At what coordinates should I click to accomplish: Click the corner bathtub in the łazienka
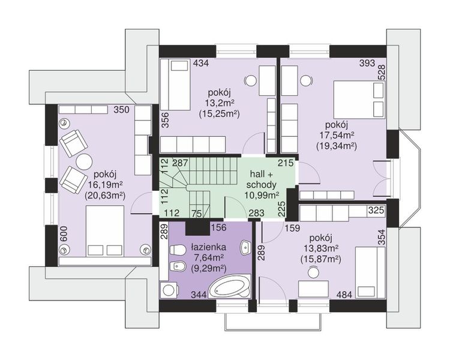click(x=229, y=287)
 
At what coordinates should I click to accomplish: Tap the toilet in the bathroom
click(x=178, y=250)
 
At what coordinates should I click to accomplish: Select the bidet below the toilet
click(x=178, y=267)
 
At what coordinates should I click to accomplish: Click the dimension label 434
click(x=200, y=63)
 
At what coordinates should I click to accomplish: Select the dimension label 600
click(x=64, y=235)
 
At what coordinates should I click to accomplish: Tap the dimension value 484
click(x=344, y=294)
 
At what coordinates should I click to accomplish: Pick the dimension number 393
click(x=367, y=63)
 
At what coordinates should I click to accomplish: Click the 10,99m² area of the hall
click(x=262, y=195)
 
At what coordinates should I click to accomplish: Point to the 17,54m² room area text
click(x=337, y=134)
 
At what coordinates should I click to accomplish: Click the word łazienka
click(x=209, y=247)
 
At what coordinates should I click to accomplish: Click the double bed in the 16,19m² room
click(x=105, y=230)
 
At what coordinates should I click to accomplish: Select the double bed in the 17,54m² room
click(x=359, y=100)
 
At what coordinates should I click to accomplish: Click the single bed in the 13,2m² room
click(x=175, y=85)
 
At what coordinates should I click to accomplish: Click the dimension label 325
click(x=376, y=210)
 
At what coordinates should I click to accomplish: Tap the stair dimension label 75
click(x=197, y=214)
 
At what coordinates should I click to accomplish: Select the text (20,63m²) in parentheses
click(x=105, y=195)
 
